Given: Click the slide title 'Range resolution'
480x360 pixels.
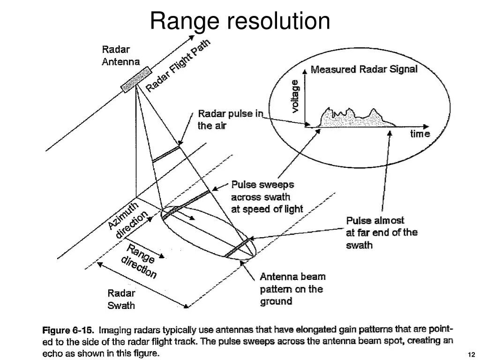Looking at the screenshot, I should click(240, 22).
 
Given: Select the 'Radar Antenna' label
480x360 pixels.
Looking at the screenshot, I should click(120, 55).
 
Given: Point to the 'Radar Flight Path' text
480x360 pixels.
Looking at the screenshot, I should click(178, 65).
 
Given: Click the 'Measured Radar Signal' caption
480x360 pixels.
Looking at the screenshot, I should click(364, 69).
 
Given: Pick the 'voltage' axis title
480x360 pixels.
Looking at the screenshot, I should click(295, 96).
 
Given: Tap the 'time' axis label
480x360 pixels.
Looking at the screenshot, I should click(420, 134).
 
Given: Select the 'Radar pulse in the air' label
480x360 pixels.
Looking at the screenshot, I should click(230, 120).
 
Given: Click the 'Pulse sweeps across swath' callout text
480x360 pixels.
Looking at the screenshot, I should click(267, 197).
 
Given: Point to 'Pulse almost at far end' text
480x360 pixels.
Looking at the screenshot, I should click(381, 232).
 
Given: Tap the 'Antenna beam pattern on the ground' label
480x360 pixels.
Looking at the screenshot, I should click(292, 289).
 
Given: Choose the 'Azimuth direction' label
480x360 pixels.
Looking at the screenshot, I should click(128, 220).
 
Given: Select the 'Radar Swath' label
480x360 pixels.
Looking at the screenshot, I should click(121, 300).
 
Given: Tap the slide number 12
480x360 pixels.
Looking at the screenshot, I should click(471, 354).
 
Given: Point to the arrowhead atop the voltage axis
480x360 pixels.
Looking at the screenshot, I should click(305, 70).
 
